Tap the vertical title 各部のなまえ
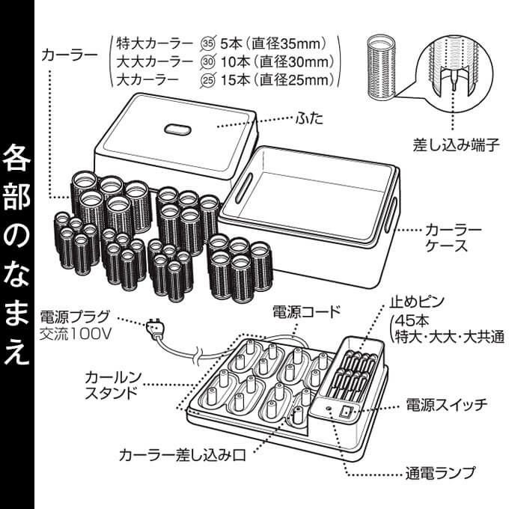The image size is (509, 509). [x=16, y=254]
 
